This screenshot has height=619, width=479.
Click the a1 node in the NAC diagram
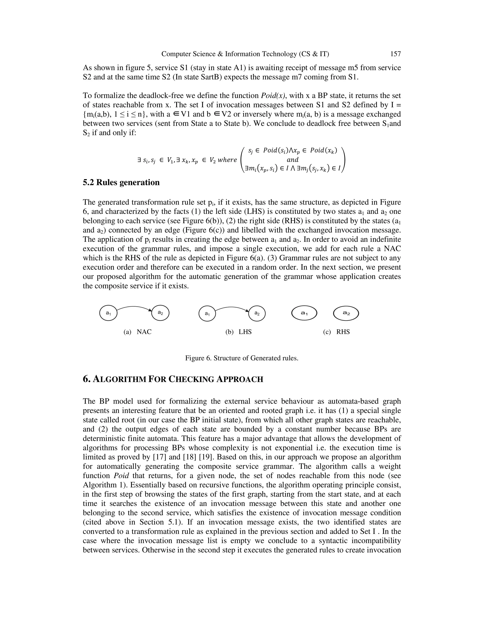pyautogui.click(x=108, y=313)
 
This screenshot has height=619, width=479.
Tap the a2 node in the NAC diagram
pyautogui.click(x=160, y=313)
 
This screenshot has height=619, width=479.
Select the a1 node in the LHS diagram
pyautogui.click(x=207, y=314)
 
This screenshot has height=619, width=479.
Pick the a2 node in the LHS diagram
pyautogui.click(x=257, y=313)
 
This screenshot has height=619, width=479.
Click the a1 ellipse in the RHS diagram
pyautogui.click(x=304, y=313)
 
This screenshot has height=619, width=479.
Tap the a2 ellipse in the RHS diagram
pyautogui.click(x=346, y=313)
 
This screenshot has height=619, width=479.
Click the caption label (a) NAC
pyautogui.click(x=138, y=332)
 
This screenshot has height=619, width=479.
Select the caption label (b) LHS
pyautogui.click(x=238, y=332)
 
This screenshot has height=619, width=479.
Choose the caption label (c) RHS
pyautogui.click(x=336, y=332)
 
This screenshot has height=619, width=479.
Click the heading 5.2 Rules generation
pyautogui.click(x=121, y=182)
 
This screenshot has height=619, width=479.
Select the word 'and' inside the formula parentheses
pyautogui.click(x=293, y=160)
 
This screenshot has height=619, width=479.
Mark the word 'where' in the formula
pyautogui.click(x=227, y=160)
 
